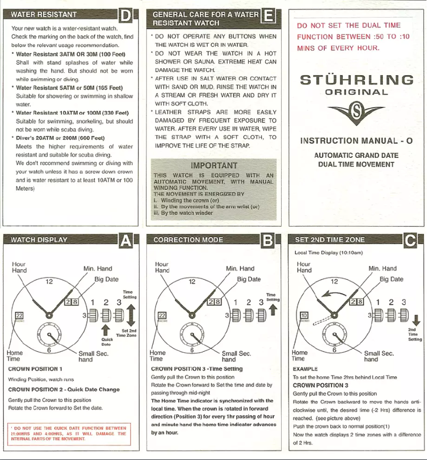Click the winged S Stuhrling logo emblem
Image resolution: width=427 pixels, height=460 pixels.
point(357,113)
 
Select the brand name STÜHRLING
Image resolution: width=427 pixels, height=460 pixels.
point(357,80)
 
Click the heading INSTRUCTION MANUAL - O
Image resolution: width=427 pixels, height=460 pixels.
point(357,141)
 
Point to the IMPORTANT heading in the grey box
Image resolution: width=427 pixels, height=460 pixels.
point(213,165)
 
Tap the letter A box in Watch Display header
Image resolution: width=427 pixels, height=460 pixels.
point(126,240)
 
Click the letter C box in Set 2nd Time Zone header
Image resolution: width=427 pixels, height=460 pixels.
point(410,240)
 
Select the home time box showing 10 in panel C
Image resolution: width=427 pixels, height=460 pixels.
point(305,316)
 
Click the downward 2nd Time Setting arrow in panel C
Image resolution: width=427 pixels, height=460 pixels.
point(416,320)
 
